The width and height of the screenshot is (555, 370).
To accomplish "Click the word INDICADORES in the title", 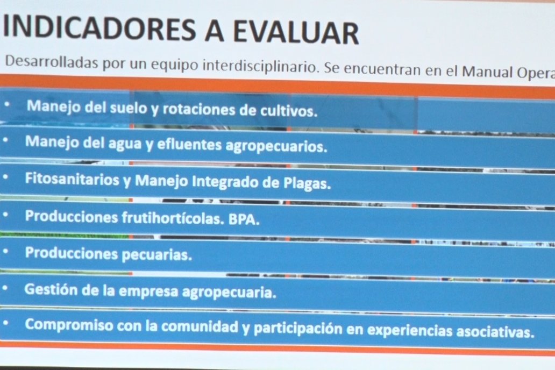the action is point(99,29).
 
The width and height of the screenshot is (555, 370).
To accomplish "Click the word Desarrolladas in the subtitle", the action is point(52,62).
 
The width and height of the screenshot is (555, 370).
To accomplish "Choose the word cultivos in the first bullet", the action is point(289,111).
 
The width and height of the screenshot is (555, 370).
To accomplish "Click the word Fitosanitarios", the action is point(72,179).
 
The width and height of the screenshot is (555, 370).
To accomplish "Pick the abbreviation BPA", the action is point(244,219).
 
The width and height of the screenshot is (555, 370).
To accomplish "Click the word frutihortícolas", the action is point(173,217).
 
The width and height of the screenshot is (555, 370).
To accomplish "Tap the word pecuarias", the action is point(157,254).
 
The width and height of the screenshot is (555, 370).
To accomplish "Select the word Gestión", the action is point(51,290).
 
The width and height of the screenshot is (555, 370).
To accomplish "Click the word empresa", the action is point(148,291).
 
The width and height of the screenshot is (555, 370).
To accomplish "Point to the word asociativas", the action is point(495,332).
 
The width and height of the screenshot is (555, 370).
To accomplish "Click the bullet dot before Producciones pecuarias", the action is point(5,251).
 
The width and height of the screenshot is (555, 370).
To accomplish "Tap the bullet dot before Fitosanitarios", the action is point(5,177).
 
